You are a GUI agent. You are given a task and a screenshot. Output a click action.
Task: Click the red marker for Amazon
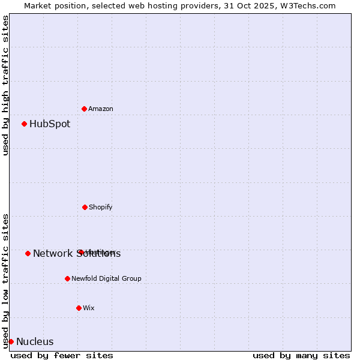pyautogui.click(x=84, y=109)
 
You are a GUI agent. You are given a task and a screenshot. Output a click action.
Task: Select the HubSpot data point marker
pyautogui.click(x=24, y=124)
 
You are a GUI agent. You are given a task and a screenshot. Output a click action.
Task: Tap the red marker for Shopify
pyautogui.click(x=85, y=207)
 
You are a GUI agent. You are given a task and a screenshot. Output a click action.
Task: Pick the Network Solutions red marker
pyautogui.click(x=28, y=253)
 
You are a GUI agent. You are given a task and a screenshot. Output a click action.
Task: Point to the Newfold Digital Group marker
pyautogui.click(x=67, y=278)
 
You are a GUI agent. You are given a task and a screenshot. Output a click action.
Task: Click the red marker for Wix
pyautogui.click(x=79, y=308)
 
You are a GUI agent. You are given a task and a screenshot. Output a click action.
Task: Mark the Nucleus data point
pyautogui.click(x=11, y=341)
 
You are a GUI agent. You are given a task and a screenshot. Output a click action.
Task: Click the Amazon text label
pyautogui.click(x=101, y=109)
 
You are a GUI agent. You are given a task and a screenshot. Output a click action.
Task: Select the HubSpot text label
pyautogui.click(x=50, y=124)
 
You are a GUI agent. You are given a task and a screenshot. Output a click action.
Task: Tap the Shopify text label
pyautogui.click(x=101, y=207)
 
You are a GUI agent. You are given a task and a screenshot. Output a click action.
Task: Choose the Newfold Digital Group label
pyautogui.click(x=106, y=278)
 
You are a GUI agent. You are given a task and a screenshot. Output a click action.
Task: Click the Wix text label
pyautogui.click(x=89, y=308)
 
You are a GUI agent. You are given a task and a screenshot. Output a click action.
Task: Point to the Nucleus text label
pyautogui.click(x=35, y=342)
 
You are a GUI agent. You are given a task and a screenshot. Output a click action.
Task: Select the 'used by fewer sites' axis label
pyautogui.click(x=62, y=355)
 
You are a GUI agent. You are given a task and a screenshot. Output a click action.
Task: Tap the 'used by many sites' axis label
pyautogui.click(x=301, y=355)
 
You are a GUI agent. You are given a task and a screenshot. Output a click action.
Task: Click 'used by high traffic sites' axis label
pyautogui.click(x=5, y=85)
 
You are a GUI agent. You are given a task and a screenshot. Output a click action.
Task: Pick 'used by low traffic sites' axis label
pyautogui.click(x=5, y=280)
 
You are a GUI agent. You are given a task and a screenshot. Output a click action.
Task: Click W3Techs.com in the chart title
pyautogui.click(x=310, y=5)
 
